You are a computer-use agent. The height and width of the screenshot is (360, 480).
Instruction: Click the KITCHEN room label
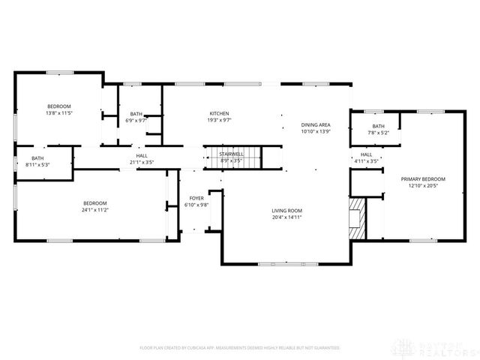coord(219,113)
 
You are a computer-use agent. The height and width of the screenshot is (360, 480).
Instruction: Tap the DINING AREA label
coord(316,125)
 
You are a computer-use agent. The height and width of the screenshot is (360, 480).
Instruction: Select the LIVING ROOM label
coord(286,211)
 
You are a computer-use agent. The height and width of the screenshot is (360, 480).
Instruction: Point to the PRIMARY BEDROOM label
coord(423,178)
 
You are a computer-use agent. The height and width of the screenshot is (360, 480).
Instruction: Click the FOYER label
coord(196,198)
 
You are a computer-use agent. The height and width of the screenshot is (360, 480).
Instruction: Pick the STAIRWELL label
coord(231,154)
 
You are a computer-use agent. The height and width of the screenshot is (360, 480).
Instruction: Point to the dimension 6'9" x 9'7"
coord(136,119)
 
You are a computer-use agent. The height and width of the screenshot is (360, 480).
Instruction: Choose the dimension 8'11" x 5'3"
coord(37,164)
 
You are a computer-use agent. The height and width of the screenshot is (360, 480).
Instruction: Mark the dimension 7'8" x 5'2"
coord(377,132)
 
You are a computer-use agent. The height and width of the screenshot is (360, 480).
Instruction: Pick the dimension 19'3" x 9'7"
coord(219,119)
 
